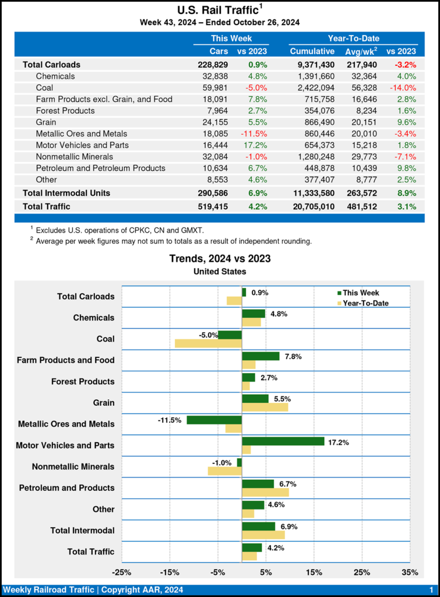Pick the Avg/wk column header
[x=361, y=51]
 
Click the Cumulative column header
[x=312, y=51]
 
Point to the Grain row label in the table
[x=46, y=122]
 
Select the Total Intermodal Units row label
[x=66, y=192]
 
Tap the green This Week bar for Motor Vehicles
[x=283, y=441]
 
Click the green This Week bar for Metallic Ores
[x=214, y=420]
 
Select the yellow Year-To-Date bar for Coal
[x=208, y=343]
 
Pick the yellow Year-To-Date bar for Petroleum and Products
[x=265, y=493]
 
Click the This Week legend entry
[x=361, y=293]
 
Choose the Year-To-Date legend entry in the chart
[x=365, y=303]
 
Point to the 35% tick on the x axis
[x=410, y=573]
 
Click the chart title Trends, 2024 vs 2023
[x=220, y=259]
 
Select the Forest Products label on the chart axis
[x=83, y=381]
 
